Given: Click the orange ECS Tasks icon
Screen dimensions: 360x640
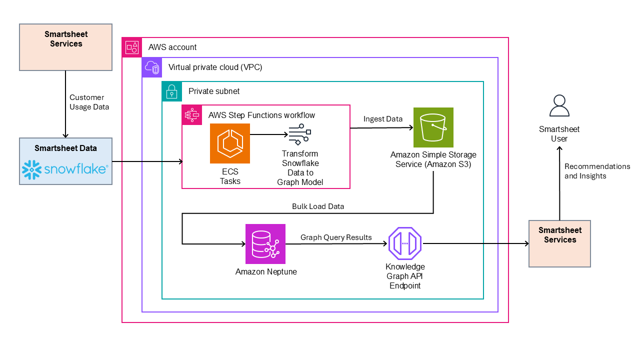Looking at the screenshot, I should [229, 143].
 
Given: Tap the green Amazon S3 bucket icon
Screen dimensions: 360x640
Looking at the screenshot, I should [433, 127].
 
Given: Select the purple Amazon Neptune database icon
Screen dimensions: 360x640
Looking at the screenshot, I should [265, 243].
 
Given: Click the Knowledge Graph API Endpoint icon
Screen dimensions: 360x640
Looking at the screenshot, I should [405, 243].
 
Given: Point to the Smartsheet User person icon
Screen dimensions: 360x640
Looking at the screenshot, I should [559, 106].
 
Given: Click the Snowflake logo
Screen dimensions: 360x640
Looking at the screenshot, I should [65, 169].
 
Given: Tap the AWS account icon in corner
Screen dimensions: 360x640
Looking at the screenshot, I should [132, 47].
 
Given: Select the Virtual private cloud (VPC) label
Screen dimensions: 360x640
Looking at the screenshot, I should [215, 67].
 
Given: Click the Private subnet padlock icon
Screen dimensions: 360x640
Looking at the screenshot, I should [171, 91].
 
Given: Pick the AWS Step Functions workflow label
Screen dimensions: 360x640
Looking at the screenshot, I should [261, 115].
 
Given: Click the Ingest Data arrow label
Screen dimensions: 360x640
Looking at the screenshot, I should [383, 119].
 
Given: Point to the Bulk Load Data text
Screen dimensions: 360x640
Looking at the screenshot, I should [318, 206].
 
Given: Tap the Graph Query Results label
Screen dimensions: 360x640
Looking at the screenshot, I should [336, 237].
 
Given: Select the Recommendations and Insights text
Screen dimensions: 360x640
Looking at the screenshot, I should [597, 171].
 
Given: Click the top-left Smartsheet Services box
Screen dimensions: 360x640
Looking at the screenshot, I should [65, 46].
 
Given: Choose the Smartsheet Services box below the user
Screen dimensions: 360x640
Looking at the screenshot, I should [559, 243].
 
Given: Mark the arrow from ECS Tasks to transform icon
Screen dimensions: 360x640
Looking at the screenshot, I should [268, 134].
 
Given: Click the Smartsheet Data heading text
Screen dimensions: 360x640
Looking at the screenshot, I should [65, 148].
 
